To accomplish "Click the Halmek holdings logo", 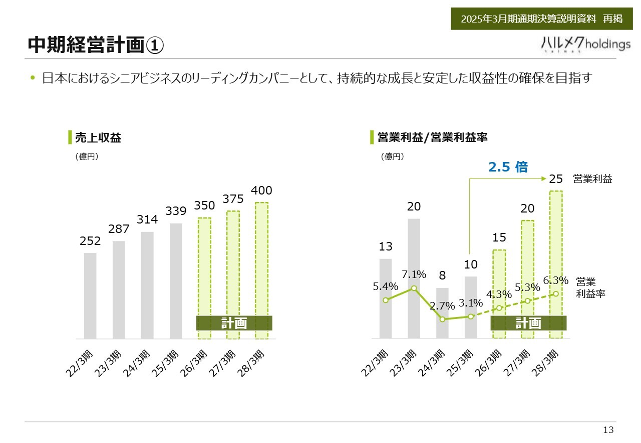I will [586, 44].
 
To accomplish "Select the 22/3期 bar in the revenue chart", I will [90, 295].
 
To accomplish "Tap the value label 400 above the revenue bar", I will [261, 190].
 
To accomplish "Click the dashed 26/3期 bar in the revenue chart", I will [204, 265].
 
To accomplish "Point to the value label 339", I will [176, 211].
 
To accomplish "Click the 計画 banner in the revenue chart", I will [234, 323].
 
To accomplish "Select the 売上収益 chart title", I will [98, 137].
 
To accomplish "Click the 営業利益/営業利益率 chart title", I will [432, 137].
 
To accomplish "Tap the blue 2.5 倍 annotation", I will [508, 167].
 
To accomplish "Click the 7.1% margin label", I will [414, 274].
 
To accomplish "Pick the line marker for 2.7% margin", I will [442, 319].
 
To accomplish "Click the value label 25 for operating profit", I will [556, 178].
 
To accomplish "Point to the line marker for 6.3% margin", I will [556, 293].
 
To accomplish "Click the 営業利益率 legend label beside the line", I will [590, 288].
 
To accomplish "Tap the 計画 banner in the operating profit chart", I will [528, 323].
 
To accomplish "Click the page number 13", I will [608, 430].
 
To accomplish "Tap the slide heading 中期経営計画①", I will [95, 45].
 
